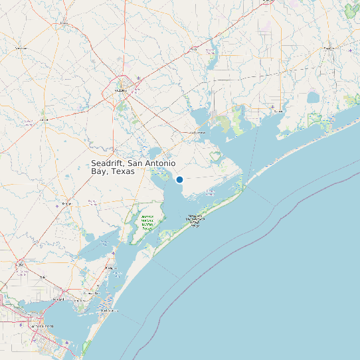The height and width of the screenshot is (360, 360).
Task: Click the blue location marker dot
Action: point(179,179)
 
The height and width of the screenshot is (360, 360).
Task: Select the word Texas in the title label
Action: point(123,171)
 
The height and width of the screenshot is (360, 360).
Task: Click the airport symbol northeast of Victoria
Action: point(138,79)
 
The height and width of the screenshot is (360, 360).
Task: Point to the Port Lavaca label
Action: point(197,132)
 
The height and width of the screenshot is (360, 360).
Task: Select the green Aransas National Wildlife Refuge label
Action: point(147,222)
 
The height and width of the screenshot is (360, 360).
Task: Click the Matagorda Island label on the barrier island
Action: point(195,220)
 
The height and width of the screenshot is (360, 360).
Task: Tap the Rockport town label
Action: point(110,268)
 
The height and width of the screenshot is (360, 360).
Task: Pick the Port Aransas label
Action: point(110,310)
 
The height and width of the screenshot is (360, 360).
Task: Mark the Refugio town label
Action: point(66,203)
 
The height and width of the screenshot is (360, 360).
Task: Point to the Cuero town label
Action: point(64,23)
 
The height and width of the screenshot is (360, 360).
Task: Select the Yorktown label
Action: point(21,48)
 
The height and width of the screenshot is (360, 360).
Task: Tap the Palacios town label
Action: point(278,111)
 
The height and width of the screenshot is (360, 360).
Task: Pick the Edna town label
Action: point(194,48)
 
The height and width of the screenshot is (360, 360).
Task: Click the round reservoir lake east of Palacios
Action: point(313,98)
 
